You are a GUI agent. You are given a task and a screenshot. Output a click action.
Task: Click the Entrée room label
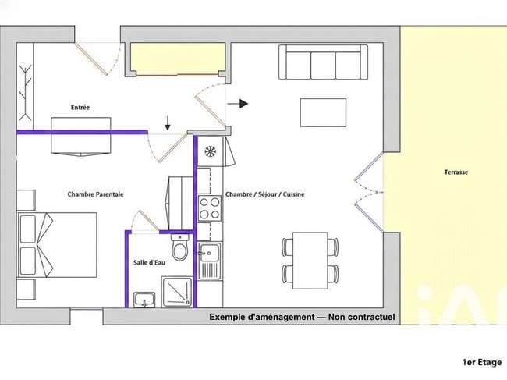(80, 108)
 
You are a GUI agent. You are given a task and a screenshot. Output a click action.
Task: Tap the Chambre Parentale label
(95, 194)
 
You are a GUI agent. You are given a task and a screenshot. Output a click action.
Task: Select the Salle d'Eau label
(149, 262)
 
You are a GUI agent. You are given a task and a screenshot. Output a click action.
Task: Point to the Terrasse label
(456, 172)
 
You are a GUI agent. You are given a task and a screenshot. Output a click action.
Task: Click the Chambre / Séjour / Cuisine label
(265, 194)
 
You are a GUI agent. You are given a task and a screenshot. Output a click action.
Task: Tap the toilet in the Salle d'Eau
(179, 247)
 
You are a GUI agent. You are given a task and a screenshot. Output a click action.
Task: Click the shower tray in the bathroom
(176, 291)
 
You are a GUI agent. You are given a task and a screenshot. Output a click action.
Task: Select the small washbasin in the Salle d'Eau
(144, 299)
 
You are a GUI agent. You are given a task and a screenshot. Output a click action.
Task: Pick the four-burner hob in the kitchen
(210, 208)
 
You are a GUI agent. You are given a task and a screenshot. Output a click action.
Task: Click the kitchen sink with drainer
(210, 261)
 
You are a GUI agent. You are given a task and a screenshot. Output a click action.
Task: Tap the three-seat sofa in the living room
(324, 62)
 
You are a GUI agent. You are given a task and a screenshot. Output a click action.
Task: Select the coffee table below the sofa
(323, 112)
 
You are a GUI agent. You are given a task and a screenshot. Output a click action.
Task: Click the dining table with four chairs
(310, 261)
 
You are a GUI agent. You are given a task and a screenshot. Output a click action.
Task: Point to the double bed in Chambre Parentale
(57, 245)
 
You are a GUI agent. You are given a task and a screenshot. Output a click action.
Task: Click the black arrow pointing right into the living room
(238, 104)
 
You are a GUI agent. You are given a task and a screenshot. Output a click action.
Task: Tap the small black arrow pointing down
(168, 123)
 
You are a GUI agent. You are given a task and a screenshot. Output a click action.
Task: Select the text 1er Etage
(482, 363)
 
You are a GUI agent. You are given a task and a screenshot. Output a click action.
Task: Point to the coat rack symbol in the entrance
(25, 92)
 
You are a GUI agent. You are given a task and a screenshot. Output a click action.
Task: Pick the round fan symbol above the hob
(211, 151)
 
